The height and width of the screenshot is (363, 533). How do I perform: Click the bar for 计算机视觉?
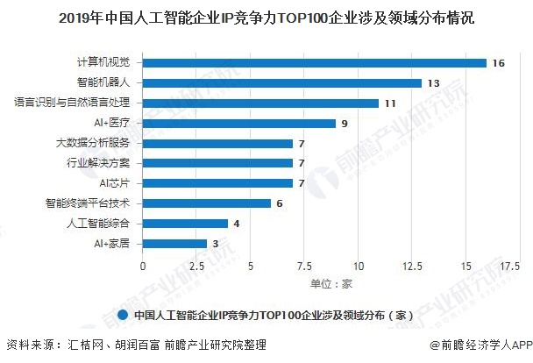pos(315,63)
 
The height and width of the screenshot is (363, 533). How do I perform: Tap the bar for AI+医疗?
pos(239,124)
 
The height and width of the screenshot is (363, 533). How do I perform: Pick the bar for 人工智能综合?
pos(185,224)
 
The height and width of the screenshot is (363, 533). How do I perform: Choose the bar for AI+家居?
pos(174,244)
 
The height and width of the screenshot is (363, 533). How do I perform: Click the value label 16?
pos(499,63)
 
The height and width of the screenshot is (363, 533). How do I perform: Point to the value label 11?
pos(391,103)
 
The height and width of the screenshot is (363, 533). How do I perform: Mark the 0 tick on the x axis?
pos(143,266)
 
